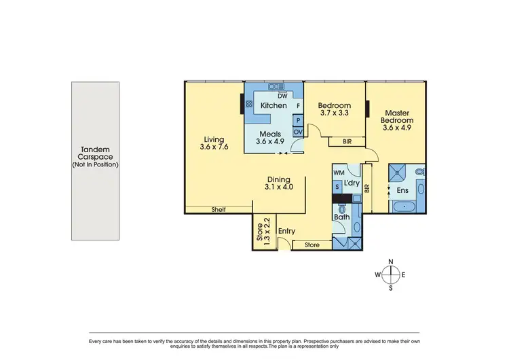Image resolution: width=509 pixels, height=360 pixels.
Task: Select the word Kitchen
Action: pos(273,106)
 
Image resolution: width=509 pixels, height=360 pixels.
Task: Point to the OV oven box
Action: pos(298,132)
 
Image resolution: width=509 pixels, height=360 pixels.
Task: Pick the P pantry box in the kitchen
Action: pos(298,120)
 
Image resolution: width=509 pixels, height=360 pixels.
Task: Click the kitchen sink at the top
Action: pos(276,86)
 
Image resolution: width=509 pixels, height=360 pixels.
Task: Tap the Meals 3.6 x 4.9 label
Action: pos(271,138)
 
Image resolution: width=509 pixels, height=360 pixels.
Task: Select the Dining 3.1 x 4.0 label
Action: pos(279,182)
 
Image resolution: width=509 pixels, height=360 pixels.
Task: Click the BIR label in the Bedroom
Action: pos(347,142)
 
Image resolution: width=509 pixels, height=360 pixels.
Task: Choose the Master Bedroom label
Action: pos(398,120)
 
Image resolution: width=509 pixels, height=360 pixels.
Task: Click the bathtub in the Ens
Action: pos(406,204)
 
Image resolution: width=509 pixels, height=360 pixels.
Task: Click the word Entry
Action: pos(286,232)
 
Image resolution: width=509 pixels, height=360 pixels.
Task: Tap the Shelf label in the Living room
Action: pos(219,209)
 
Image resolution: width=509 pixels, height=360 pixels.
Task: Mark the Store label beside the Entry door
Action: pos(312,245)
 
